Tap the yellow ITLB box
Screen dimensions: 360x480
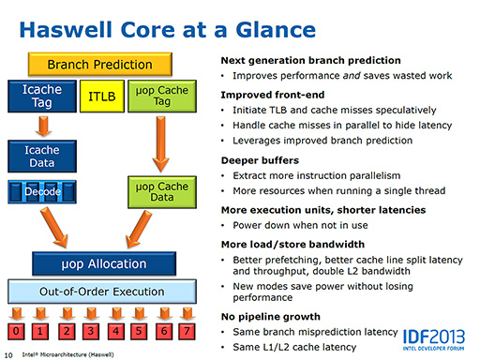point(100,96)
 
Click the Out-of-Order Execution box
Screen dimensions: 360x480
point(99,292)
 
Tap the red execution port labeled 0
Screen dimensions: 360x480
point(15,331)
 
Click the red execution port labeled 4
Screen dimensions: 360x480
point(112,331)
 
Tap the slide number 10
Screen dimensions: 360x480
point(8,354)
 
